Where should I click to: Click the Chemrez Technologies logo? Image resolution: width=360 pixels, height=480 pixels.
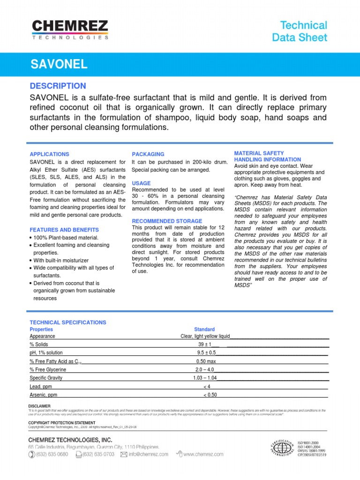[x=70, y=30]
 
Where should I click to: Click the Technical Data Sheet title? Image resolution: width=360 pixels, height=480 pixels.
[x=300, y=31]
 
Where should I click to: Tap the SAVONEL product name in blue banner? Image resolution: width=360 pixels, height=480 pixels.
[x=59, y=64]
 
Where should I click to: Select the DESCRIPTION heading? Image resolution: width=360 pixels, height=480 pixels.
[x=58, y=86]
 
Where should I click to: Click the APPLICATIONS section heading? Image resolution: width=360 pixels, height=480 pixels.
[x=49, y=154]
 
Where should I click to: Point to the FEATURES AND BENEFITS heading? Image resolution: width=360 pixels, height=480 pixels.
[x=64, y=230]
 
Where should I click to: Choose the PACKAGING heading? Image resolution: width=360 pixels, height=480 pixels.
[x=148, y=154]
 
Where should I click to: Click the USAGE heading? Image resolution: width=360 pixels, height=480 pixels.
[x=142, y=183]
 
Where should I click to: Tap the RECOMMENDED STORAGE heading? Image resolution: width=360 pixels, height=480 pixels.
[x=167, y=221]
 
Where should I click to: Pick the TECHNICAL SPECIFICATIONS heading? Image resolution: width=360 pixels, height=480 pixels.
[x=68, y=322]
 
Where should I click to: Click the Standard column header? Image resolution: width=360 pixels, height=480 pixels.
[x=204, y=330]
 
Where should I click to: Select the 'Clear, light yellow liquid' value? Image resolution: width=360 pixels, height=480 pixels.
[x=205, y=336]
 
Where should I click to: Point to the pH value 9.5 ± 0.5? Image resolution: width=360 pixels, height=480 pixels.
[x=206, y=352]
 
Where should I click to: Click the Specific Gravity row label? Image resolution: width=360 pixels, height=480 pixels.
[x=46, y=378]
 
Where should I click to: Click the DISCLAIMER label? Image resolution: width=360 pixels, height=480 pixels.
[x=39, y=406]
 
